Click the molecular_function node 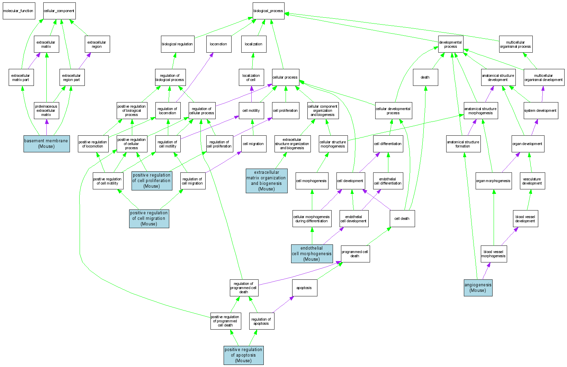point(19,11)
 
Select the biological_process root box point(268,11)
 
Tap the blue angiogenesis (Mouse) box point(478,288)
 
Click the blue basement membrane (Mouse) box point(46,144)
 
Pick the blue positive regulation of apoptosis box point(243,355)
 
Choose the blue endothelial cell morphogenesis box point(312,253)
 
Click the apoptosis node point(304,288)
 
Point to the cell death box point(402,218)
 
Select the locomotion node point(219,44)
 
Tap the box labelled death point(425,77)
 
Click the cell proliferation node point(286,110)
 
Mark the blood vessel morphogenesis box point(494,254)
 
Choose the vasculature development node point(532,181)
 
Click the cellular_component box point(59,11)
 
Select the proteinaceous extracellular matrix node point(46,110)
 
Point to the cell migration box point(253,144)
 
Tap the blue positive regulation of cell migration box point(149,218)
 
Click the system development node point(541,110)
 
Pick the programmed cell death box point(355,254)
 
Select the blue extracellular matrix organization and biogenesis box point(267,181)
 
